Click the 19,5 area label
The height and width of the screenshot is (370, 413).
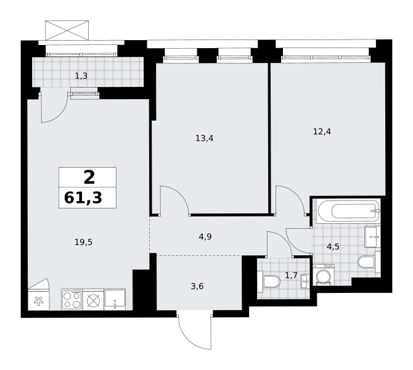[x=83, y=242]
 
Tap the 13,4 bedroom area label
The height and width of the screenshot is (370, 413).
[x=205, y=138]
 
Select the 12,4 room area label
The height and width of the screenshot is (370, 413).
[x=322, y=131]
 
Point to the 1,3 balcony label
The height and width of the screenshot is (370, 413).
[x=81, y=76]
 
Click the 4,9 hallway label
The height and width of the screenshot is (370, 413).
[x=205, y=237]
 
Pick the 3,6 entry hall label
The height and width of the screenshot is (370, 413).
[x=197, y=286]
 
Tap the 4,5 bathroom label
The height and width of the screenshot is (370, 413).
[x=333, y=247]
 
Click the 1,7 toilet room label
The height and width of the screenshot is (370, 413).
[x=292, y=276]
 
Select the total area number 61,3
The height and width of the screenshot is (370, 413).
[x=83, y=198]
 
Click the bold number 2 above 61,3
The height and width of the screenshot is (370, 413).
[x=89, y=178]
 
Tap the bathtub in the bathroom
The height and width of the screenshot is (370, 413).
[x=349, y=211]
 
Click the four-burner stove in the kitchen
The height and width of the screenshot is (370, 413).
[x=72, y=299]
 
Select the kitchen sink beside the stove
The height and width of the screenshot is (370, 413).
[x=115, y=299]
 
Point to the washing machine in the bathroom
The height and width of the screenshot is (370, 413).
[x=324, y=275]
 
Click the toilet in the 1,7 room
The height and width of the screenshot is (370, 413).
[x=269, y=281]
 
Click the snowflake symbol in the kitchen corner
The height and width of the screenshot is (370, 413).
[x=38, y=301]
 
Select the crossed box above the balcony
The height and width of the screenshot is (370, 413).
[x=67, y=30]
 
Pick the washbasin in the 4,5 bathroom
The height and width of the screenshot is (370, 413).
[x=372, y=237]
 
